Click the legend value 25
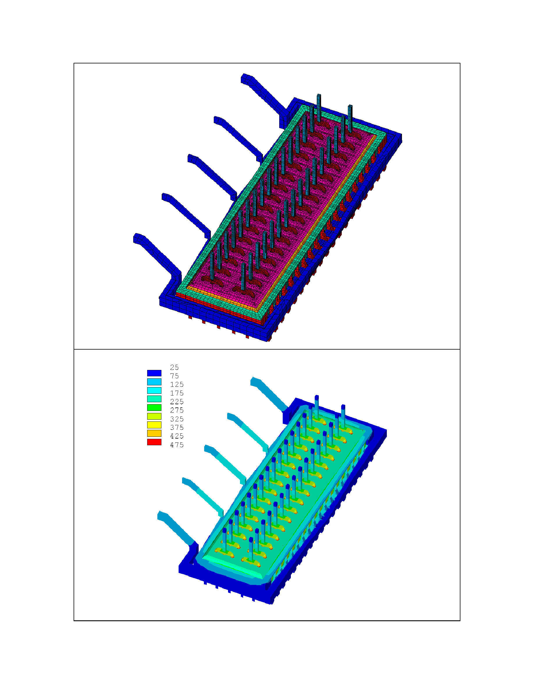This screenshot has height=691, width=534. coord(174,367)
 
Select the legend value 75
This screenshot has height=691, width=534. coord(174,376)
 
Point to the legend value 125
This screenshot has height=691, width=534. coord(177,384)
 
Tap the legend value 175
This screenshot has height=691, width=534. coord(177,393)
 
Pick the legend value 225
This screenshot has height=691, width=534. coord(177,402)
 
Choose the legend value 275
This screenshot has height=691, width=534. coord(177,410)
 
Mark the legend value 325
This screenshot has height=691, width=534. coord(177,419)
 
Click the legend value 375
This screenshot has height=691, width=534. coord(177,428)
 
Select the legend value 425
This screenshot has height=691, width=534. coord(177,436)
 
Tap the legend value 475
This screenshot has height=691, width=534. coord(177,445)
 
